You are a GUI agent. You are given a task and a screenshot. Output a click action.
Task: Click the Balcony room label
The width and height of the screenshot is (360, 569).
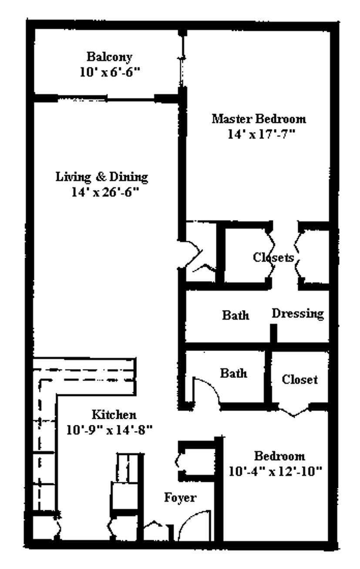110,57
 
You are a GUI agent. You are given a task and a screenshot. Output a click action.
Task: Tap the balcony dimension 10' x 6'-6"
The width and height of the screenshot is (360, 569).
110,72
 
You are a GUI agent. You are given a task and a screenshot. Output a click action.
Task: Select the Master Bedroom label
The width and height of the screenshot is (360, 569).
259,118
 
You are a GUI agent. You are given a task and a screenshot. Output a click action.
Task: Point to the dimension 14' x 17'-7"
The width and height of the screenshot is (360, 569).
261,134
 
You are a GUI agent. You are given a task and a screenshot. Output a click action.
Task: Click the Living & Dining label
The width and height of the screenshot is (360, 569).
101,177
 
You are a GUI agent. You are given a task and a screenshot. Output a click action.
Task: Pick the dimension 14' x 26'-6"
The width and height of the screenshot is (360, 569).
105,192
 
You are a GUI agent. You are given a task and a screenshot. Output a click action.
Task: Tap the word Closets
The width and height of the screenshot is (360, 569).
273,257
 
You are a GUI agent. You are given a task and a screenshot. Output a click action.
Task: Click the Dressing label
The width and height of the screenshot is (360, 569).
298,313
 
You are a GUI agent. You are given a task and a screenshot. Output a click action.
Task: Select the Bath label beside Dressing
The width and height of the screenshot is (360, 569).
236,315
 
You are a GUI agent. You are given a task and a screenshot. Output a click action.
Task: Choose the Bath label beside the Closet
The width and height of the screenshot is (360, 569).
233,373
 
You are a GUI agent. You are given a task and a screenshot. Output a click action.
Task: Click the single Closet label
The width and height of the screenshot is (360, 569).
299,380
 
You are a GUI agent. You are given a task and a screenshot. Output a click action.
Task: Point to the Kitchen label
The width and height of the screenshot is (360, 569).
114,414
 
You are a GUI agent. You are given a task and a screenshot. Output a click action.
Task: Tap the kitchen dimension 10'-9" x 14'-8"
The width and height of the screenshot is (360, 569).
109,430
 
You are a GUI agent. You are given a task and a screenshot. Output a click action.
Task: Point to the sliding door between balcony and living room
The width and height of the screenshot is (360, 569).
106,98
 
